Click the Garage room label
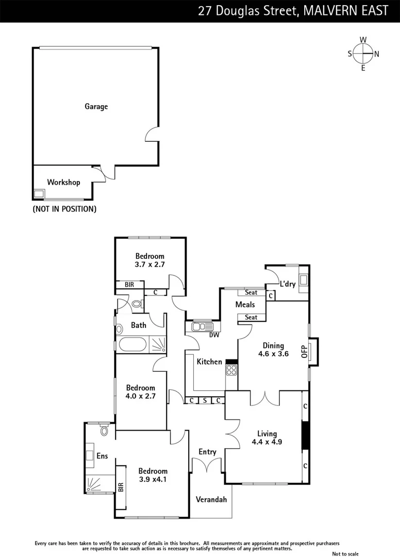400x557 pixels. [x=96, y=107]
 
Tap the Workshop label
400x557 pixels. [x=63, y=182]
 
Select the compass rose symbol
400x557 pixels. [x=363, y=54]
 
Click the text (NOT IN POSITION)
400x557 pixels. [x=64, y=209]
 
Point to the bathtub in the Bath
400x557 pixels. [x=132, y=344]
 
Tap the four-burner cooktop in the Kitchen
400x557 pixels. [x=231, y=370]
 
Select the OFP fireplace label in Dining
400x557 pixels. [x=304, y=351]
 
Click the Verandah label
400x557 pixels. [x=211, y=499]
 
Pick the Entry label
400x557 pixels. [x=208, y=452]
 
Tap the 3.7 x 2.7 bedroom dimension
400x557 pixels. [x=149, y=265]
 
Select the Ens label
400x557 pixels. [x=102, y=456]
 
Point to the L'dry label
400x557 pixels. [x=287, y=284]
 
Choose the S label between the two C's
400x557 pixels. [x=204, y=400]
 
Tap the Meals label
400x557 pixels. [x=245, y=304]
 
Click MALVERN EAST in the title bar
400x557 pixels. [x=345, y=11]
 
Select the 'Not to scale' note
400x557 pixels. [x=345, y=553]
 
